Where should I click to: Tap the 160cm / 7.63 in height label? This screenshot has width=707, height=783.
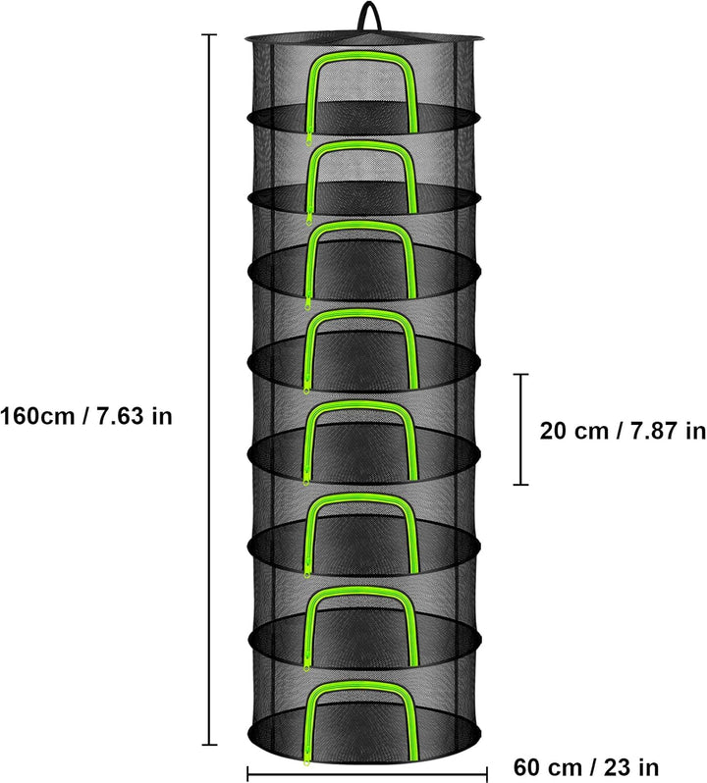[86, 416]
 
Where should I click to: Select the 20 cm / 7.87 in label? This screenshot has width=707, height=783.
[623, 431]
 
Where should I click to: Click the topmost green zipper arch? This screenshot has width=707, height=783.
[362, 54]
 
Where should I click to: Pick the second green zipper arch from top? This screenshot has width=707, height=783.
[362, 145]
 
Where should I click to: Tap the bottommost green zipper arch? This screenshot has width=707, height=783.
[362, 684]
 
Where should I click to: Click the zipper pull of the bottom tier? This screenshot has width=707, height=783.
[306, 772]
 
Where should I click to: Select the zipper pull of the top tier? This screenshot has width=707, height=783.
[309, 138]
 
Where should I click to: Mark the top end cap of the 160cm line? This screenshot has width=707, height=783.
[209, 34]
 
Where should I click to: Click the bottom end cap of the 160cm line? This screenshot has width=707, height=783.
[209, 745]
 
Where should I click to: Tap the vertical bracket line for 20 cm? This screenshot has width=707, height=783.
[521, 429]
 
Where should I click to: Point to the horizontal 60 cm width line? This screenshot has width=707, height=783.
[367, 774]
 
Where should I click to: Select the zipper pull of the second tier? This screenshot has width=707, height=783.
[309, 219]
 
